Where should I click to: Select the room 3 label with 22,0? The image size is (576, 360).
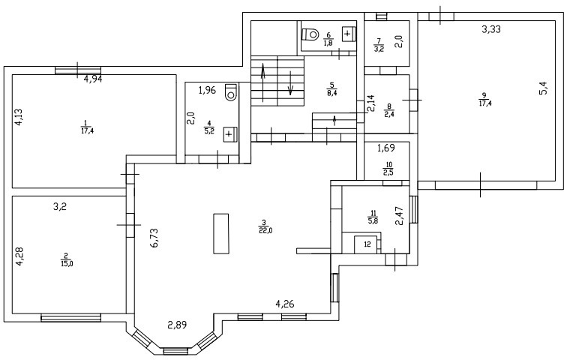(x=263, y=226)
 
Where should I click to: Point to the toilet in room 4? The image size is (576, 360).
(x=231, y=91)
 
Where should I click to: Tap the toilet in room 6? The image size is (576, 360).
(x=310, y=33)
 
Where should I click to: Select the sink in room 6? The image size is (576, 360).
(x=348, y=34)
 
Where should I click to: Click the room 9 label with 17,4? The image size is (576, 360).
(x=485, y=98)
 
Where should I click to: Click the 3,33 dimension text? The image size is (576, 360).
(x=491, y=29)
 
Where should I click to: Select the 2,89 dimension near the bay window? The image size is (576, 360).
(x=177, y=325)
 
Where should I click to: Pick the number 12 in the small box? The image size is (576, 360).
(x=367, y=244)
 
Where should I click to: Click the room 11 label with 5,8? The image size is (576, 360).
(x=373, y=216)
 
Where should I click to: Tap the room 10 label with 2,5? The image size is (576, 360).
(x=388, y=169)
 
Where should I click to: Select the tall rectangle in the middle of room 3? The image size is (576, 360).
(x=220, y=235)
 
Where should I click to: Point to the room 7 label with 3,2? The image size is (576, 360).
(x=379, y=45)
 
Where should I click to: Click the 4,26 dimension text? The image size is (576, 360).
(x=285, y=304)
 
